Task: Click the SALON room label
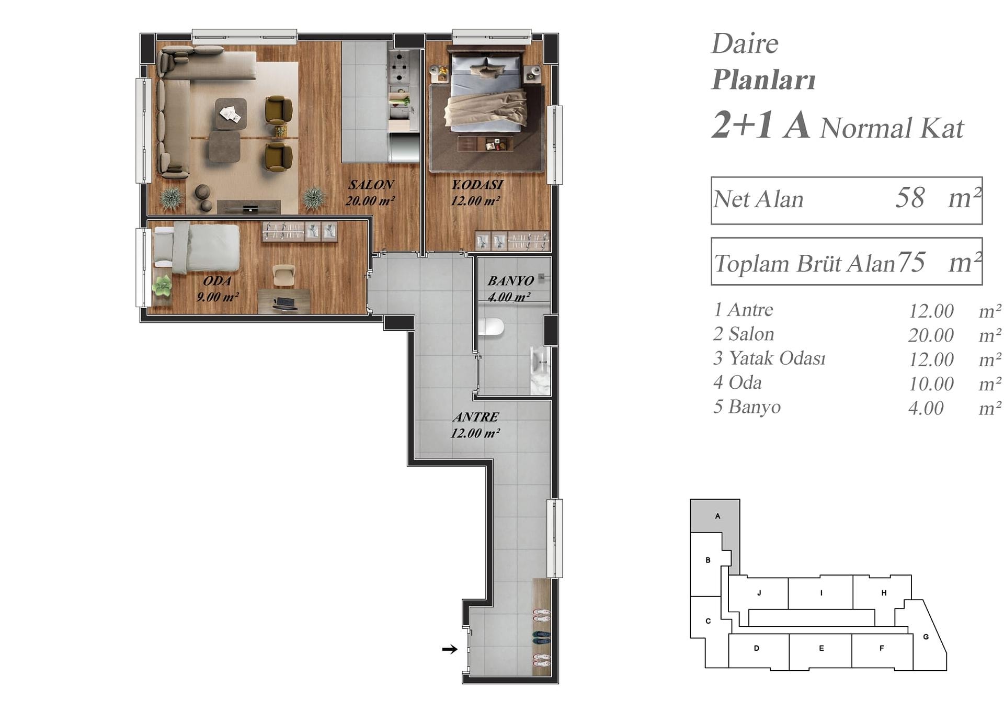(371, 185)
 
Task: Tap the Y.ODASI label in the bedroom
(477, 185)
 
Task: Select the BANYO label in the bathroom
(510, 281)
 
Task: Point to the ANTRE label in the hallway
(475, 417)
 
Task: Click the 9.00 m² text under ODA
(218, 297)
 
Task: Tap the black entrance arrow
(450, 649)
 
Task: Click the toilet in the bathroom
(491, 327)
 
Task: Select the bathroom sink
(541, 362)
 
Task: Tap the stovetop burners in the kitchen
(400, 67)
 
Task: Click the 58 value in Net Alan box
(910, 198)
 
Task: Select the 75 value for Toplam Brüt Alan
(911, 262)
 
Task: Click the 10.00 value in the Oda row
(931, 384)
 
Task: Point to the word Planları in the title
(764, 80)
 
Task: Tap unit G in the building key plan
(926, 636)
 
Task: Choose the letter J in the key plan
(759, 593)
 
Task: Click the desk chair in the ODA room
(284, 275)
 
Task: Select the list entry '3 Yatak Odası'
(769, 358)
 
